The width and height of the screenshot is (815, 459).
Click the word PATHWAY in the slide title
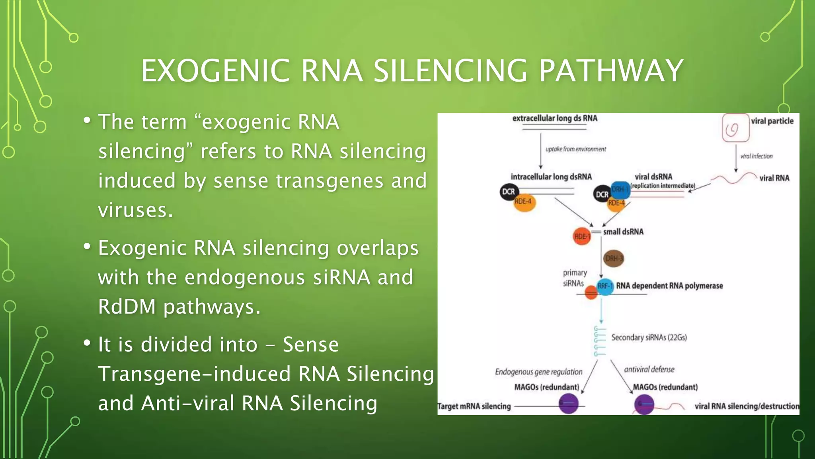(610, 71)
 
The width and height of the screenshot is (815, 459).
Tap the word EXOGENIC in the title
(215, 71)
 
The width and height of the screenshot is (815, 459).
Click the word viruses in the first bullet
(135, 210)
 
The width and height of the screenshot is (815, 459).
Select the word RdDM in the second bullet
(127, 307)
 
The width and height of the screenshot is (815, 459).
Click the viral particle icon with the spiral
(735, 128)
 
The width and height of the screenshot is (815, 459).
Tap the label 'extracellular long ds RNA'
(554, 118)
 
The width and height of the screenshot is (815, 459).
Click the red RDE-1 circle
(581, 236)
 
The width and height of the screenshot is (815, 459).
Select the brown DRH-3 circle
(613, 259)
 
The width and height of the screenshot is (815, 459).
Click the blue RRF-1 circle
(605, 286)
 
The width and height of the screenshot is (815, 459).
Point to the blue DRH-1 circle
(620, 190)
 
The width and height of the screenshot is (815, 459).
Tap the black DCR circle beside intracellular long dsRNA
(508, 192)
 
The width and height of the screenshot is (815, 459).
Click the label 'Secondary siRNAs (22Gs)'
(649, 337)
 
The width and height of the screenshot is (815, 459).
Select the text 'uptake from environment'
(575, 149)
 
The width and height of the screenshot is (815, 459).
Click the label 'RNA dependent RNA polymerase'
(669, 286)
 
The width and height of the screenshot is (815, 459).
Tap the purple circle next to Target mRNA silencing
(568, 404)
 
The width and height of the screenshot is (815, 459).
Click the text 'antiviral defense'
(649, 369)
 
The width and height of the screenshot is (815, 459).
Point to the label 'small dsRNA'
(623, 232)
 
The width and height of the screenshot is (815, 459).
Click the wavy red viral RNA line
(734, 178)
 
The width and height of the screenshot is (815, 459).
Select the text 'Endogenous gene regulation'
(538, 372)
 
